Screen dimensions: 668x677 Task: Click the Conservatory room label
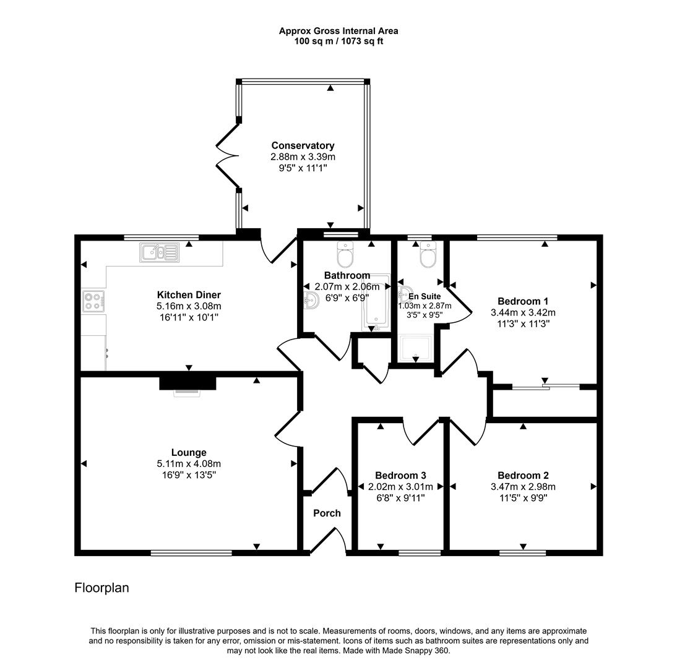coord(303,145)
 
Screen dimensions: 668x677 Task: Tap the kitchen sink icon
coord(159,252)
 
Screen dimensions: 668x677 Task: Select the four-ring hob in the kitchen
coord(93,301)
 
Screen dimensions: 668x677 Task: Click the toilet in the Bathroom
coord(345,254)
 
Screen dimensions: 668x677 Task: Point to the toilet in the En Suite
coord(428,255)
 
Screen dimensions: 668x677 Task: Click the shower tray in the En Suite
coord(415,348)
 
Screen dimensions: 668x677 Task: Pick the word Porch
coord(327,513)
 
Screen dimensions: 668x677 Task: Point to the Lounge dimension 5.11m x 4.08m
coord(189,464)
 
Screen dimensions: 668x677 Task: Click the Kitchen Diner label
coord(189,295)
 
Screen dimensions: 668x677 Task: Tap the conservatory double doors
coord(226,155)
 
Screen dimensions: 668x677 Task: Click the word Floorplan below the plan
coord(101,588)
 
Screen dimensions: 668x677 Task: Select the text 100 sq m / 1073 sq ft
coord(338,41)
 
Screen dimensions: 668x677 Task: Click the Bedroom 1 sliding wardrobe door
coord(545,387)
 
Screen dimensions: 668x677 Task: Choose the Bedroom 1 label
coord(523,301)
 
